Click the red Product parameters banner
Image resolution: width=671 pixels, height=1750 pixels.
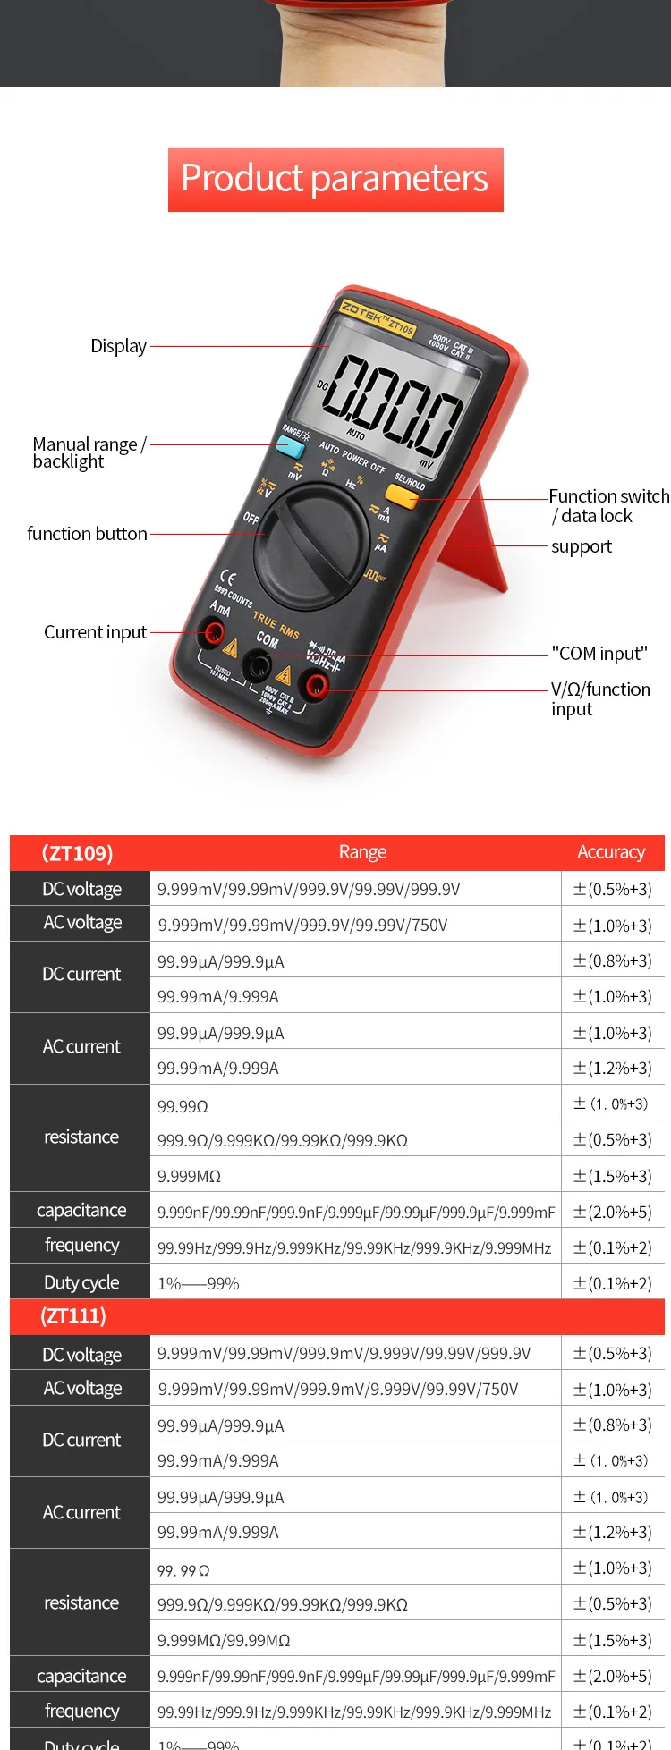[335, 179]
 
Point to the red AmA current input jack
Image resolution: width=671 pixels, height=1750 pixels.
[214, 634]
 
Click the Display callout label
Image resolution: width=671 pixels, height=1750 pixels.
[118, 346]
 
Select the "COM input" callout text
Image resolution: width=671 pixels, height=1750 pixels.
[599, 654]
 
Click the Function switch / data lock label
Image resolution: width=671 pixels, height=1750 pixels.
[608, 506]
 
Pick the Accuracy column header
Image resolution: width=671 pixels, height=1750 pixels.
[611, 852]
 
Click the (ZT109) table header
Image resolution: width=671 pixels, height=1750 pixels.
[78, 853]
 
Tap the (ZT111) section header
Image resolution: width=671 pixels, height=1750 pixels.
[74, 1316]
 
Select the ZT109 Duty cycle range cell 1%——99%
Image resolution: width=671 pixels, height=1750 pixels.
[199, 1283]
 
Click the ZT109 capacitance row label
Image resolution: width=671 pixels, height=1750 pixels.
[81, 1211]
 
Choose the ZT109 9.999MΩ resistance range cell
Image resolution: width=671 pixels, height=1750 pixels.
[189, 1176]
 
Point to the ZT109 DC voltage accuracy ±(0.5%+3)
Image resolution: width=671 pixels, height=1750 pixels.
[613, 889]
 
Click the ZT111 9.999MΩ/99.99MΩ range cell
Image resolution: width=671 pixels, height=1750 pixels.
[224, 1640]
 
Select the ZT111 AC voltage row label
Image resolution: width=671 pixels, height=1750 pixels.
[82, 1389]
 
